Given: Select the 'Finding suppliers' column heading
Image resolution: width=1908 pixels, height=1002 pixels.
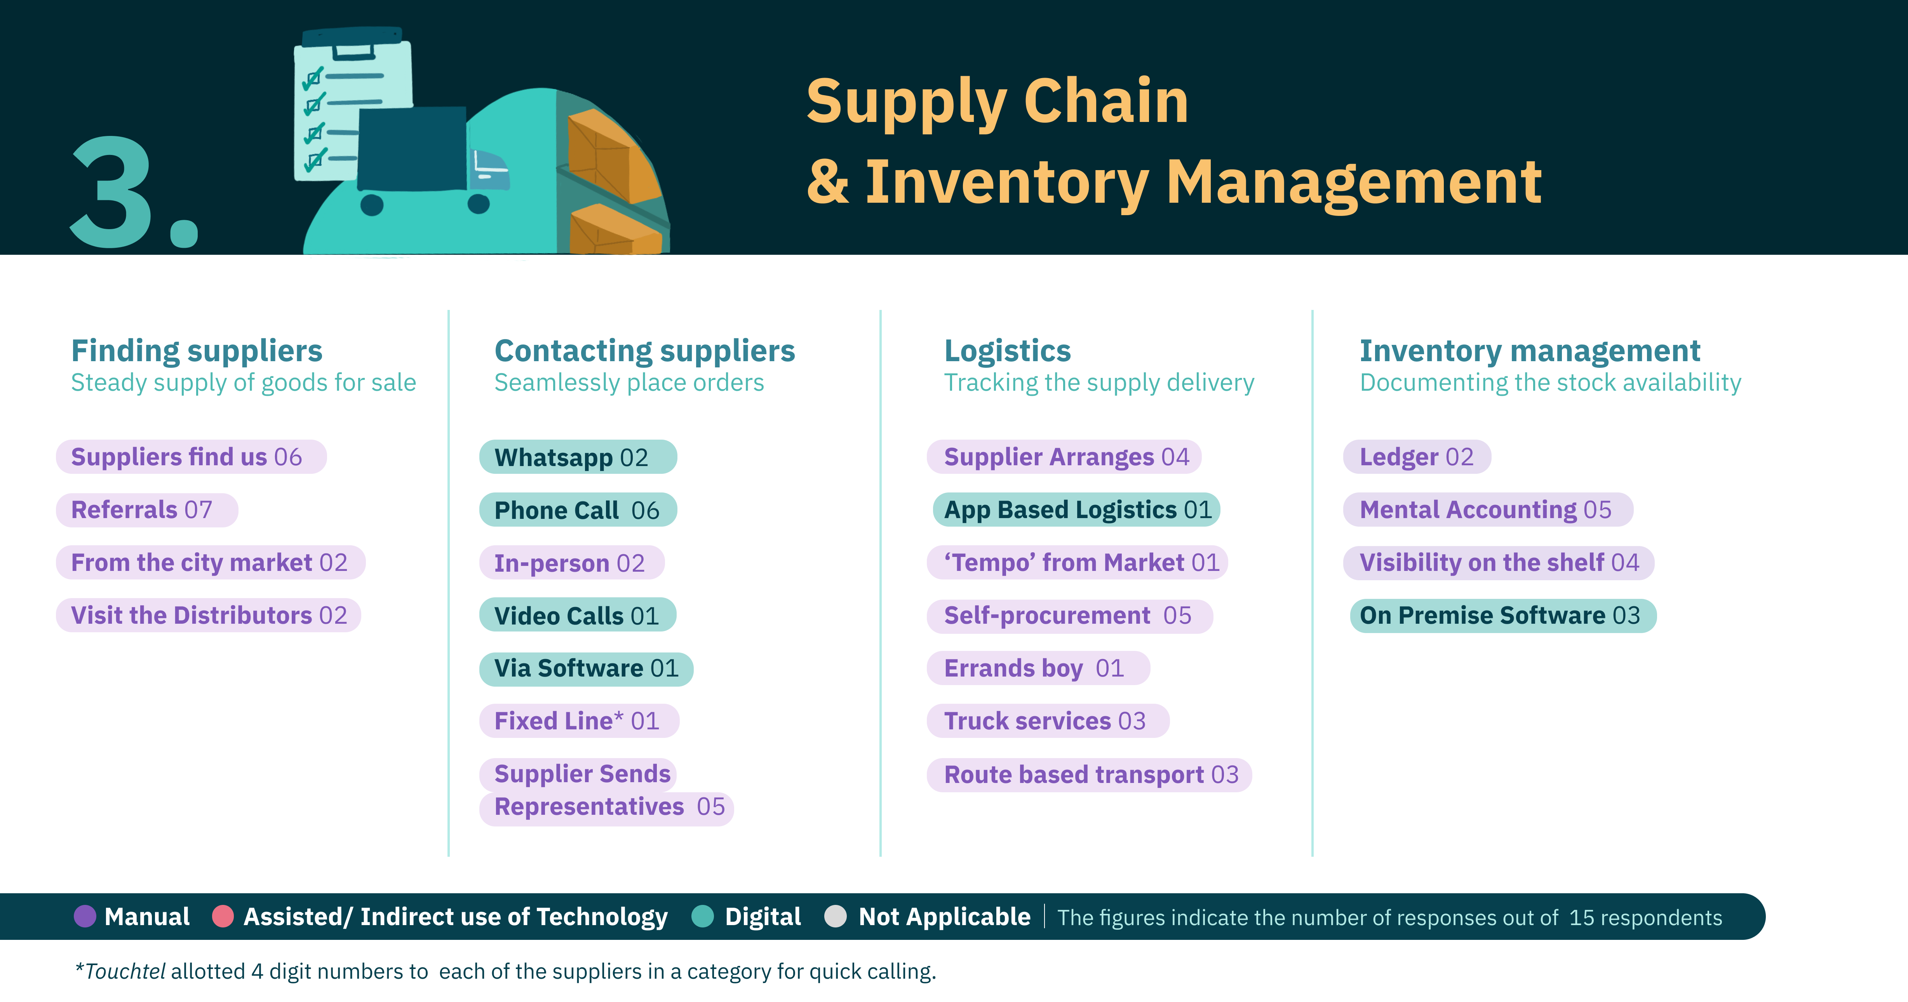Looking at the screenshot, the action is click(196, 350).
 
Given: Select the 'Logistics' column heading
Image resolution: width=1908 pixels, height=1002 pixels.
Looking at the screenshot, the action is click(1007, 350).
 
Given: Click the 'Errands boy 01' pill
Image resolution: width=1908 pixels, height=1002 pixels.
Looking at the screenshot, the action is click(1038, 668).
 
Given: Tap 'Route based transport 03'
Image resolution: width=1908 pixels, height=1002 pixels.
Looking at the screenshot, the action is click(1089, 775).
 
